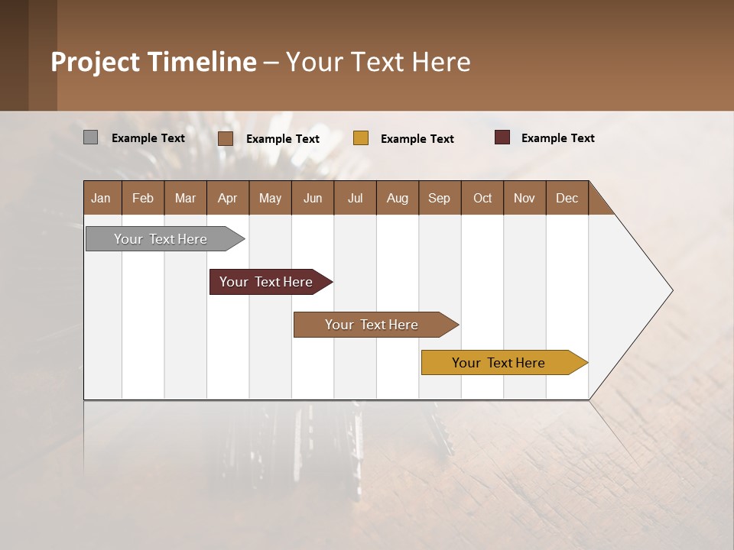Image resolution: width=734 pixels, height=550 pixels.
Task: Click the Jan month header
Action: (101, 198)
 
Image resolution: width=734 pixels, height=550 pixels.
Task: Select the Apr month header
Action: (227, 198)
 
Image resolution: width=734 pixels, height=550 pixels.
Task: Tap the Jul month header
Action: (355, 198)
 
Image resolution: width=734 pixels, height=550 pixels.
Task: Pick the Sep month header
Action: (439, 198)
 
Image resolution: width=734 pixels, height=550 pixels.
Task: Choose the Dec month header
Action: (567, 198)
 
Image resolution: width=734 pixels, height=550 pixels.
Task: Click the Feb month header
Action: (143, 198)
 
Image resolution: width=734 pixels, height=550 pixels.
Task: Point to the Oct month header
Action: (482, 198)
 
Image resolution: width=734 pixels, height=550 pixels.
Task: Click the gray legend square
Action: (90, 137)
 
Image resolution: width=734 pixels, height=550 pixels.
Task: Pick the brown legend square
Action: (226, 138)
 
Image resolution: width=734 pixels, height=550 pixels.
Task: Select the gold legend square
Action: (361, 138)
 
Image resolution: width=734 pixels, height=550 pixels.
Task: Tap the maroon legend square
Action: (502, 137)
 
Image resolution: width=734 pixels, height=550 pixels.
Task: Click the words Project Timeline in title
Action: (154, 62)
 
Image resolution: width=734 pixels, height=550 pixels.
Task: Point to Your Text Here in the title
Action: (378, 62)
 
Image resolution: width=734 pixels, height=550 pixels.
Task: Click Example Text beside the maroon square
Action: (557, 138)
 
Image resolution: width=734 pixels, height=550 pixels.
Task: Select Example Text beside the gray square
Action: (148, 138)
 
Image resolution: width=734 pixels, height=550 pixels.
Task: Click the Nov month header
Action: (525, 198)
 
